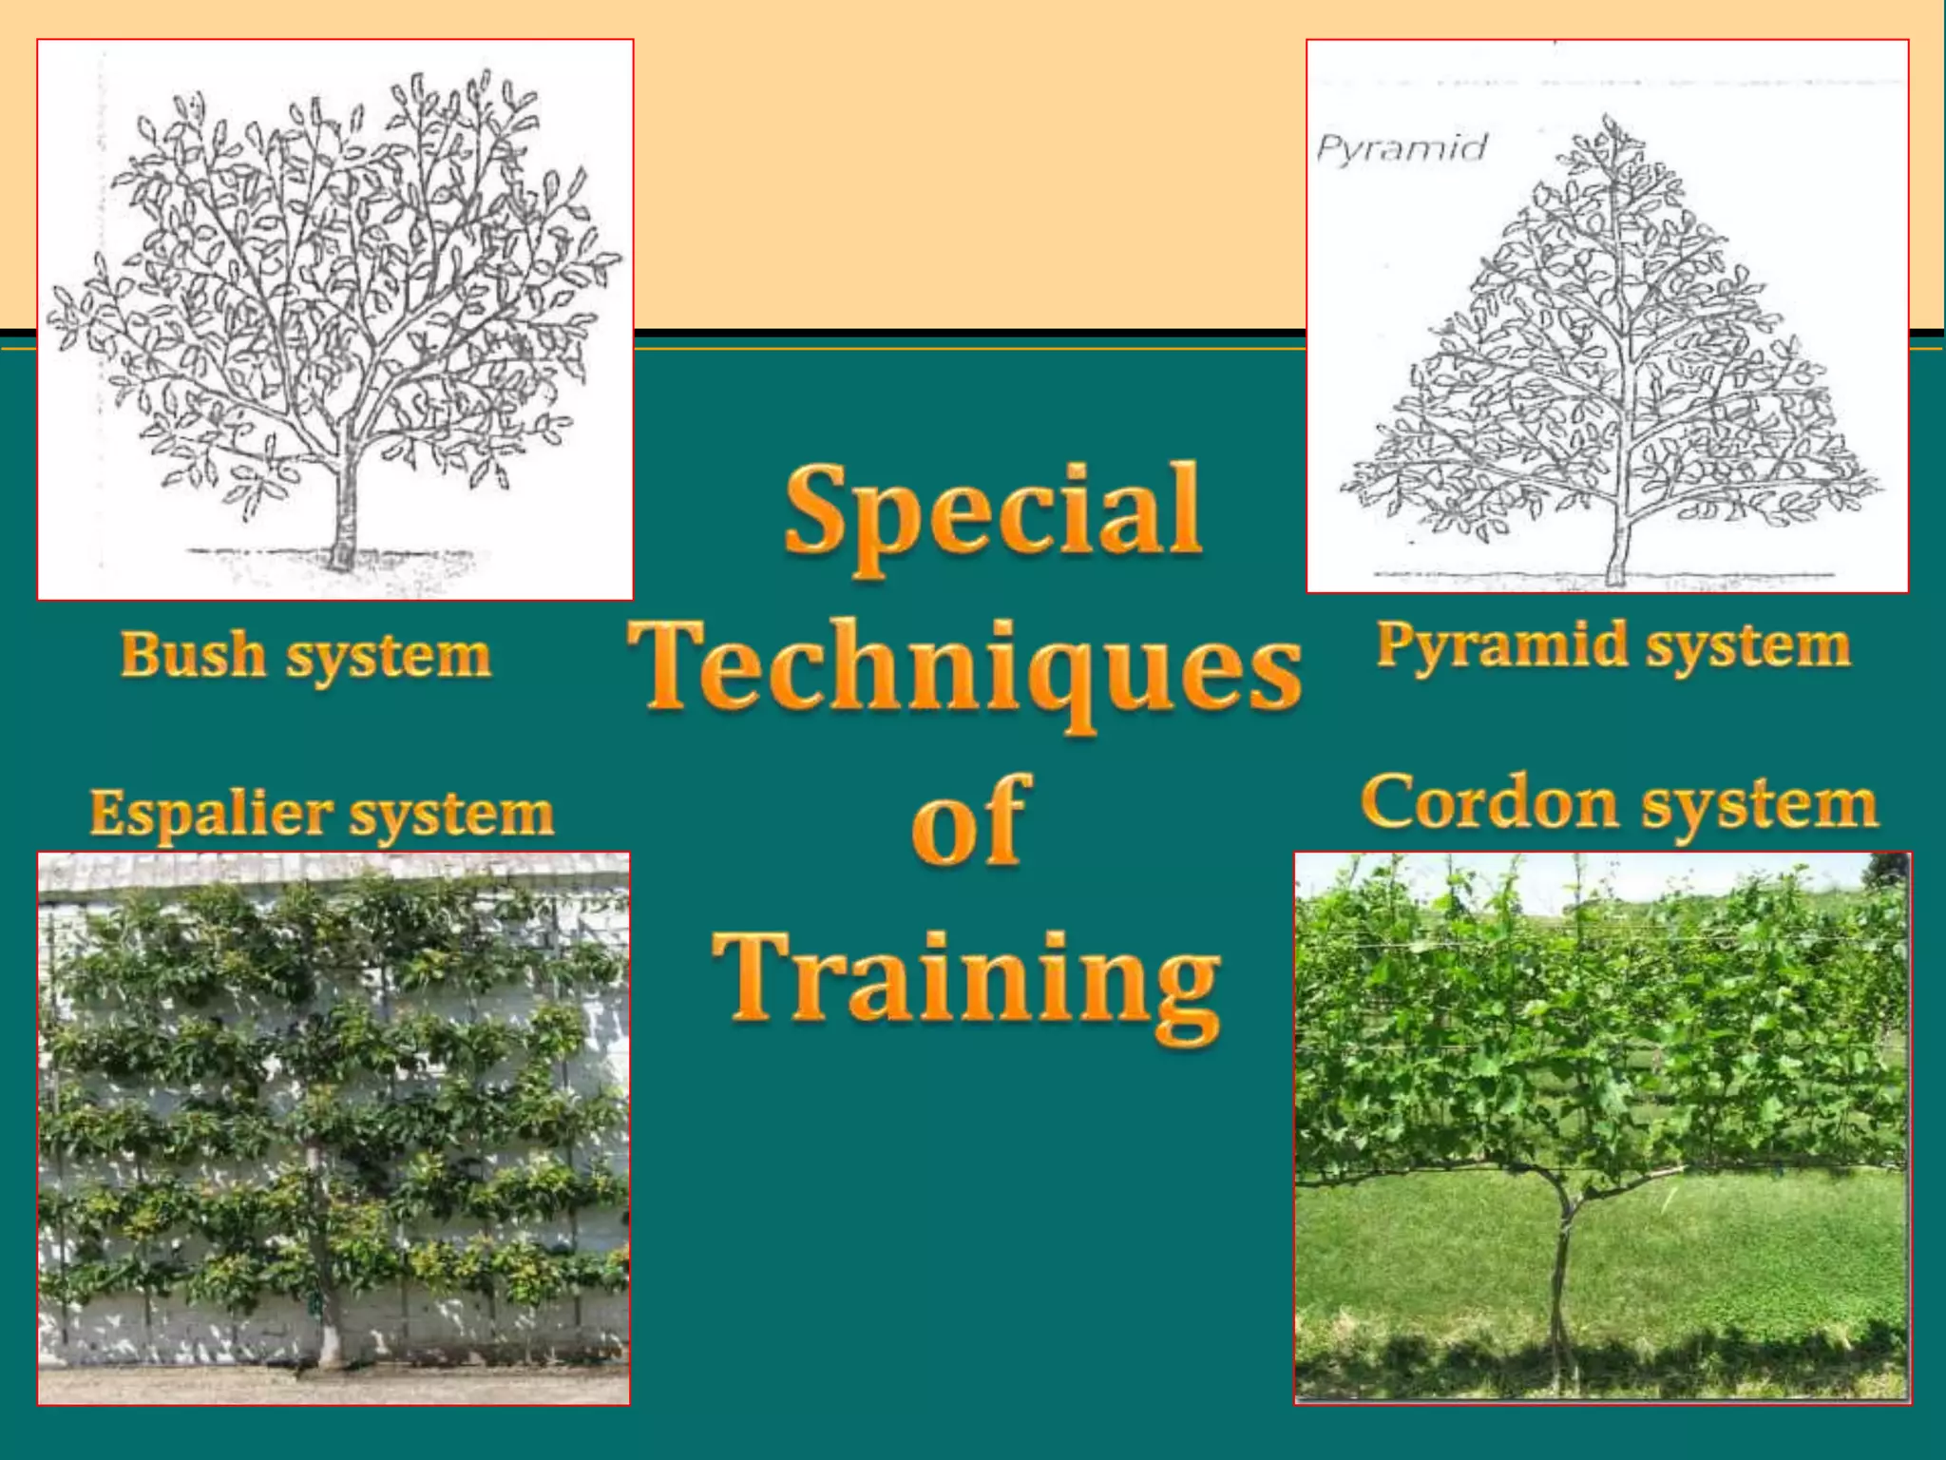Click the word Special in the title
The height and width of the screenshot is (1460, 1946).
pos(992,514)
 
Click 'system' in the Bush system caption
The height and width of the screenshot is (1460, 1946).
pos(389,657)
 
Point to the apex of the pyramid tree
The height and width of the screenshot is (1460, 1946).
pos(1610,122)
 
